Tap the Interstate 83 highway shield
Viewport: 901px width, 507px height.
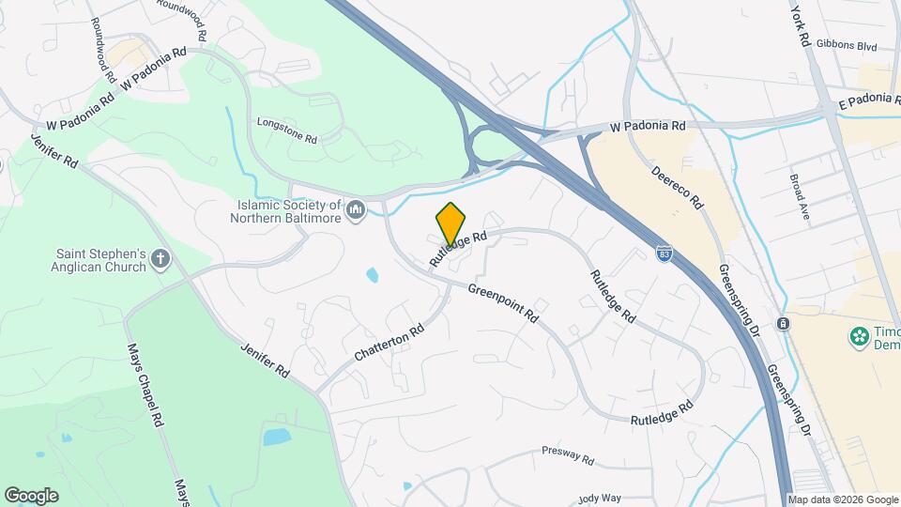tap(664, 253)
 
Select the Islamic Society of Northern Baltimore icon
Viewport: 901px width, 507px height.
tap(355, 208)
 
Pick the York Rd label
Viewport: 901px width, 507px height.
tap(800, 26)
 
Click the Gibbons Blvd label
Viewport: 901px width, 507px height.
tap(847, 45)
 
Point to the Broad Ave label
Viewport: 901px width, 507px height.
tap(806, 195)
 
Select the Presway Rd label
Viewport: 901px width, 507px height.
tap(568, 456)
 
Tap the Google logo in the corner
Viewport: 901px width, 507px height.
tap(32, 495)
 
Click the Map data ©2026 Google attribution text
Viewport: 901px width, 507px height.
tap(843, 499)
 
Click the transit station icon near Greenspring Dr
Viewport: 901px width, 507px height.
tap(782, 324)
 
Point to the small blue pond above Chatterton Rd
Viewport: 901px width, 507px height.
tap(373, 276)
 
